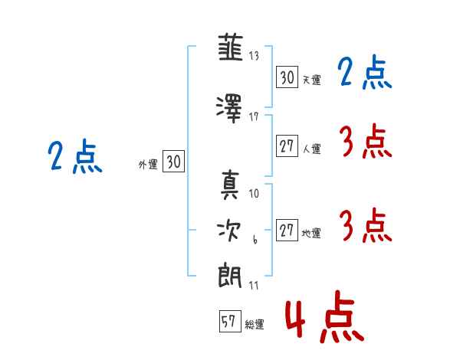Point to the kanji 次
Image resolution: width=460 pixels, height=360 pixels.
click(x=230, y=231)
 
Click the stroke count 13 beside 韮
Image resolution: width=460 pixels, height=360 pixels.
click(x=255, y=56)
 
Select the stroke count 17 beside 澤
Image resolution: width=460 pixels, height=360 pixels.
click(x=255, y=116)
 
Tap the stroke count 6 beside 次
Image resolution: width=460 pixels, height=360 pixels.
click(x=255, y=241)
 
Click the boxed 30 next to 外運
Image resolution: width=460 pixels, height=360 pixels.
click(x=173, y=162)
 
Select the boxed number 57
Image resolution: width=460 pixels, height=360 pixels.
click(x=229, y=322)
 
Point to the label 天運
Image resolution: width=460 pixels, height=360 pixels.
click(x=311, y=80)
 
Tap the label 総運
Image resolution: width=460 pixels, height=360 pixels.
click(x=255, y=325)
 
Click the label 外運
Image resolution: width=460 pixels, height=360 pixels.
click(x=148, y=164)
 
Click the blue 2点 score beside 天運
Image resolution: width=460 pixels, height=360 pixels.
click(x=364, y=74)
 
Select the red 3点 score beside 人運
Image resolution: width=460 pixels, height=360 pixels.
click(x=365, y=142)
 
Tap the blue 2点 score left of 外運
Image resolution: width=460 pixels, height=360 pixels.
click(x=75, y=157)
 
